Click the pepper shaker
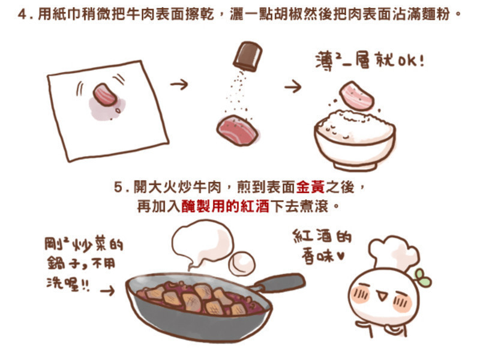(x=248, y=56)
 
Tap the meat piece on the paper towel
(x=104, y=94)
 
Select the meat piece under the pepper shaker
(x=236, y=130)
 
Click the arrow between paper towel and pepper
(x=179, y=84)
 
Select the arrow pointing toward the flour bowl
(x=293, y=86)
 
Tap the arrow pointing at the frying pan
(x=107, y=290)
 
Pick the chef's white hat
(x=393, y=253)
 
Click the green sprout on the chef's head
(x=423, y=278)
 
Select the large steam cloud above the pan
(x=202, y=244)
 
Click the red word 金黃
(x=310, y=187)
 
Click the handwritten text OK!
(x=411, y=61)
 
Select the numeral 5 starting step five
(x=118, y=187)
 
